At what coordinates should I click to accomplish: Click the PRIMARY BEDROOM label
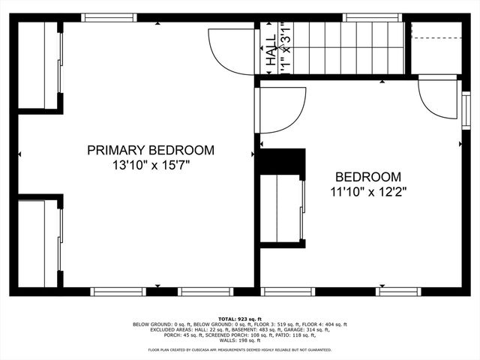point(151,150)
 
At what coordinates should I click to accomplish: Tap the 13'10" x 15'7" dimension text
point(151,165)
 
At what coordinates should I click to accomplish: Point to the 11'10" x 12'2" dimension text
point(367,192)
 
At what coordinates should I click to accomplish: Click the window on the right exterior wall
point(466,109)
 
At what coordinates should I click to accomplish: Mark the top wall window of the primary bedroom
point(109,17)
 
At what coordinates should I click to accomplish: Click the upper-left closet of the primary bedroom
point(39,66)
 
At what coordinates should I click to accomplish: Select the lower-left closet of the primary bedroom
point(39,241)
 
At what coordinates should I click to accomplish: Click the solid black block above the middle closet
point(282,163)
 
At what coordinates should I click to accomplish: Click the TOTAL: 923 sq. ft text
point(240,319)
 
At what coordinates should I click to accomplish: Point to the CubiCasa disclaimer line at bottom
point(240,349)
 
